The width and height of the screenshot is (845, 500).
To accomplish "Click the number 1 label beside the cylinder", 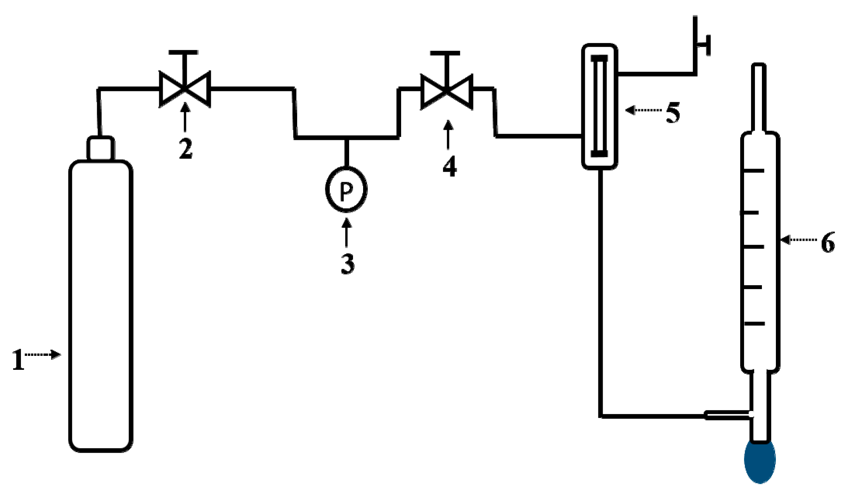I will click(x=17, y=360).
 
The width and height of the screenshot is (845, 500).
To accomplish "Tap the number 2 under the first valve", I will click(x=186, y=150).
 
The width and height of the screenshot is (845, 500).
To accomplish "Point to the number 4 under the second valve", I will click(x=450, y=167).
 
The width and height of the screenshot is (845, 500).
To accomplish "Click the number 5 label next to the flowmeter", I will click(x=673, y=113).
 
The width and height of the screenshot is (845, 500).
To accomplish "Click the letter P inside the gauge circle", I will click(x=346, y=190).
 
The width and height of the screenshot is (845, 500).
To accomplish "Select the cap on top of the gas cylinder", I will click(x=101, y=148).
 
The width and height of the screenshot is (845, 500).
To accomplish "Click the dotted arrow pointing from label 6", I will click(x=798, y=240).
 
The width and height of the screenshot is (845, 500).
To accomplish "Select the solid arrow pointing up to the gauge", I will click(x=346, y=233).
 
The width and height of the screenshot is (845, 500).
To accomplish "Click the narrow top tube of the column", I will click(x=759, y=97).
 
